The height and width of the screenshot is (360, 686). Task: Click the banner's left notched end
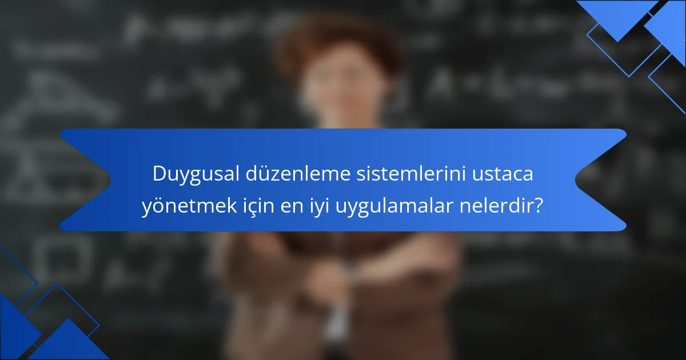(x=86, y=180)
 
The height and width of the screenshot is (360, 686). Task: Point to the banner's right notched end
(x=600, y=180)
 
